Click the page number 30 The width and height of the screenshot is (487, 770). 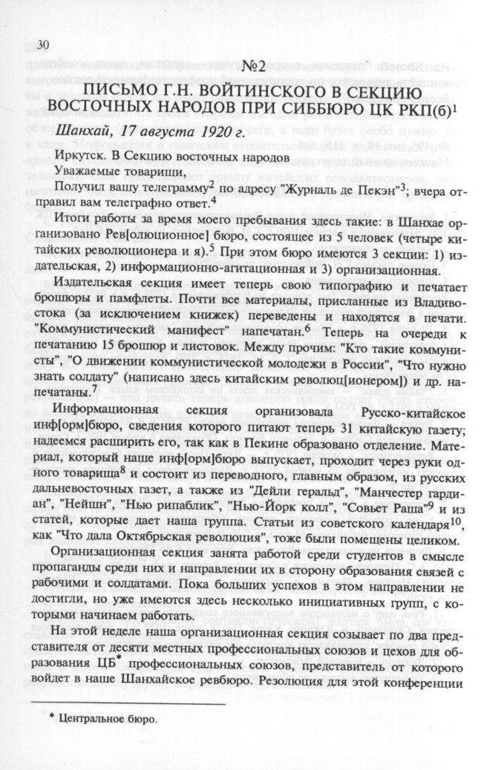(43, 45)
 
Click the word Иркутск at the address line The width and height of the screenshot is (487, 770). (79, 157)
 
